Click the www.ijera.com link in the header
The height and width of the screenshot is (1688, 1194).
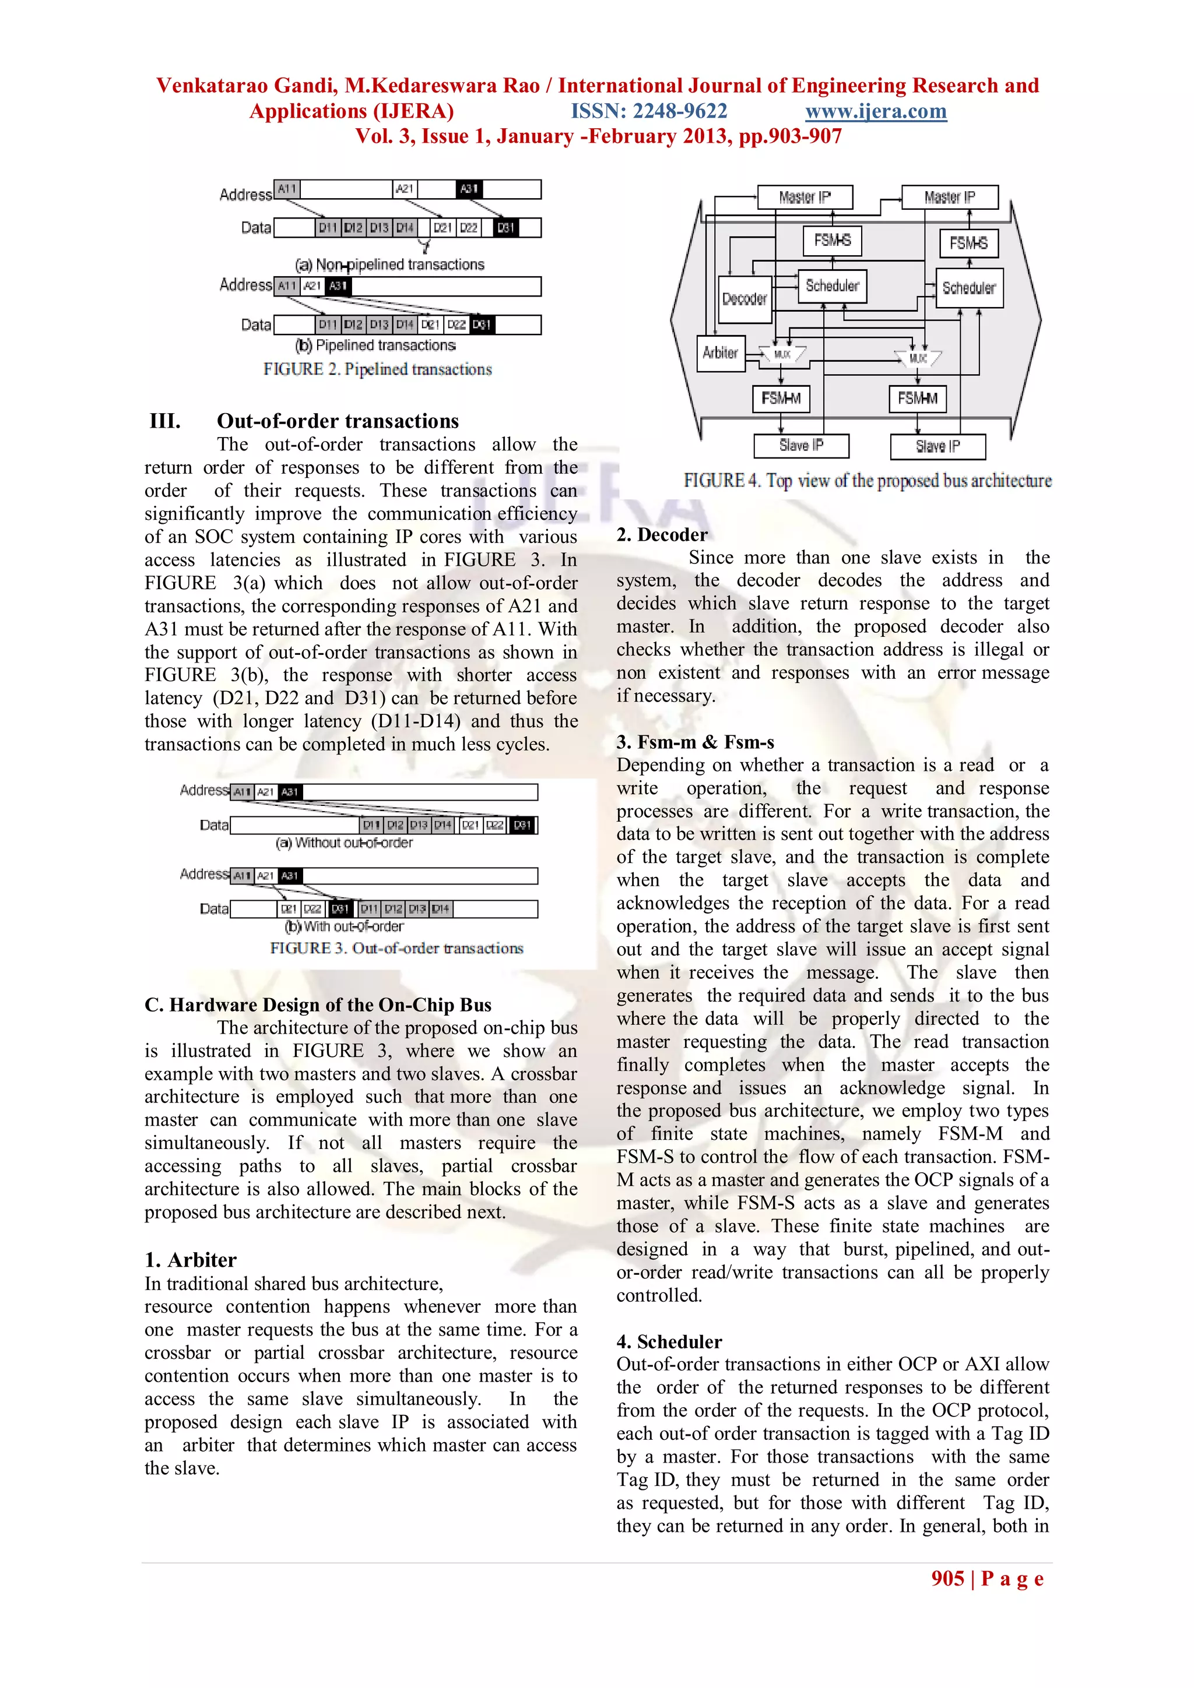876,111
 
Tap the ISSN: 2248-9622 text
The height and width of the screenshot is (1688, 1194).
649,111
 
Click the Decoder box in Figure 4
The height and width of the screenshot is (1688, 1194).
745,299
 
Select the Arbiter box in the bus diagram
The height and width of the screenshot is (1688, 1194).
720,353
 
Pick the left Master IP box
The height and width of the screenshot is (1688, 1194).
804,197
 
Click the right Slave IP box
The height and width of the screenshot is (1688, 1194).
937,446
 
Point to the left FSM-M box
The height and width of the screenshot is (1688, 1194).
781,399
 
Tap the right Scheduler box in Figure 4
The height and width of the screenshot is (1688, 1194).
968,288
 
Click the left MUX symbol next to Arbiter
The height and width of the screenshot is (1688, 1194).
782,354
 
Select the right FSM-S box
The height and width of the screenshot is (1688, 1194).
968,242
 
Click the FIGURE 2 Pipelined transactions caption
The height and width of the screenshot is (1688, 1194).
377,369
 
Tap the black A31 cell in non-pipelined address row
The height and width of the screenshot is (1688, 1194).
469,189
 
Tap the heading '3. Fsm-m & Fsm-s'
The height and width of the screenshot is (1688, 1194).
694,742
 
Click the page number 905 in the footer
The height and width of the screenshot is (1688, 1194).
947,1578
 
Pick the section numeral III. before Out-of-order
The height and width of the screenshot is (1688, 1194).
165,421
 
